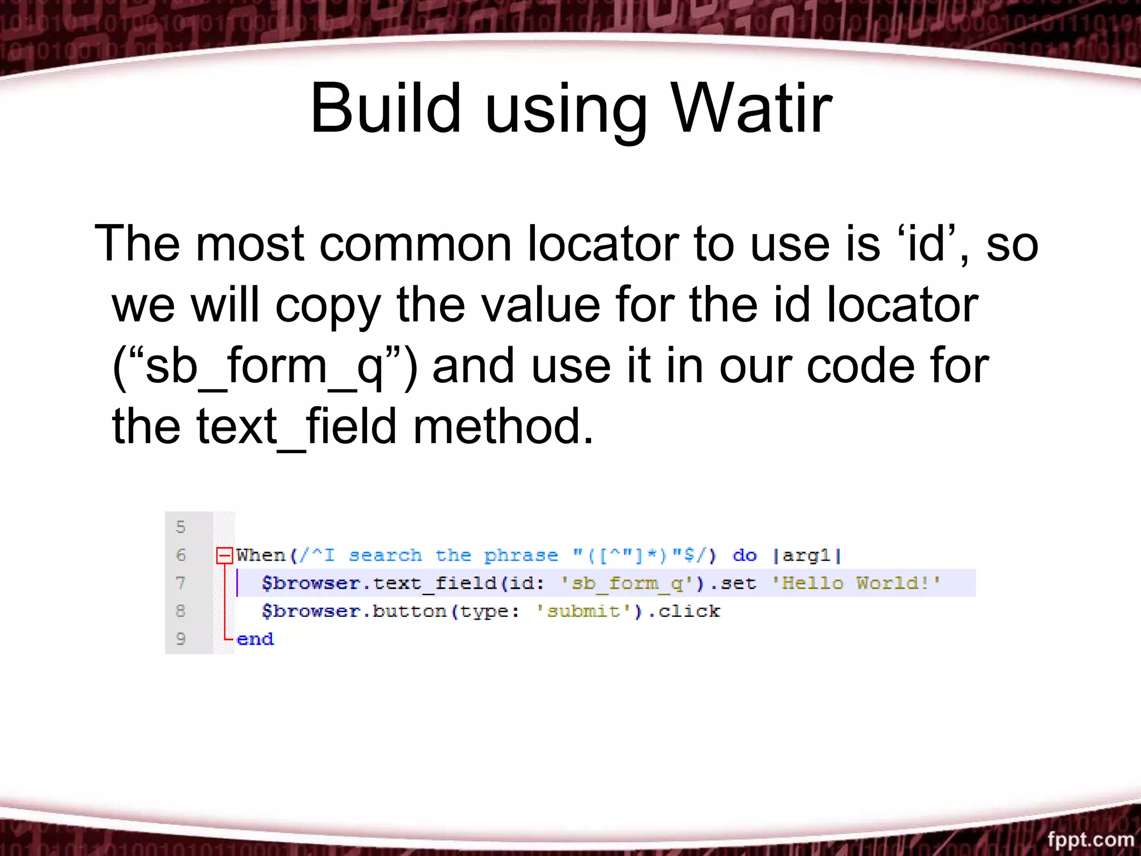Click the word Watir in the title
[x=752, y=109]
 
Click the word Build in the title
[x=386, y=109]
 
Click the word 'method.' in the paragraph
[x=503, y=427]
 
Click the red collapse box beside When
[x=224, y=555]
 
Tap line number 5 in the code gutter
[x=181, y=527]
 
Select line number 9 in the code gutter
[x=181, y=639]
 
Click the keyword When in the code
[x=260, y=555]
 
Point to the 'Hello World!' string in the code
[x=856, y=583]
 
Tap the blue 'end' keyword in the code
[x=255, y=639]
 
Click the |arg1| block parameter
[x=807, y=555]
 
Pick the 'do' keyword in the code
[x=744, y=555]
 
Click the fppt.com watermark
[x=1090, y=839]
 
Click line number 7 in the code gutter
[x=181, y=583]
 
